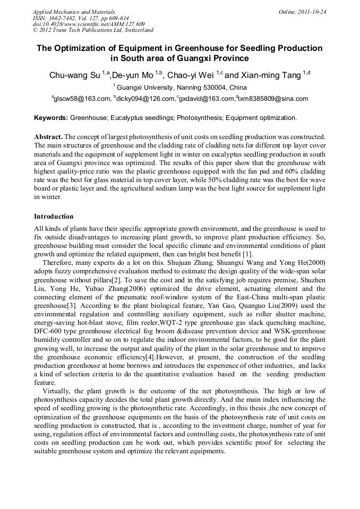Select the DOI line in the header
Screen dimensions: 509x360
(89, 24)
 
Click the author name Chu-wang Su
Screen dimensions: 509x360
(74, 75)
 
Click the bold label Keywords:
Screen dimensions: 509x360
(52, 117)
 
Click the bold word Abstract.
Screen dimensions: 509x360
(48, 136)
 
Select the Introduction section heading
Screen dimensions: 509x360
(54, 217)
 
